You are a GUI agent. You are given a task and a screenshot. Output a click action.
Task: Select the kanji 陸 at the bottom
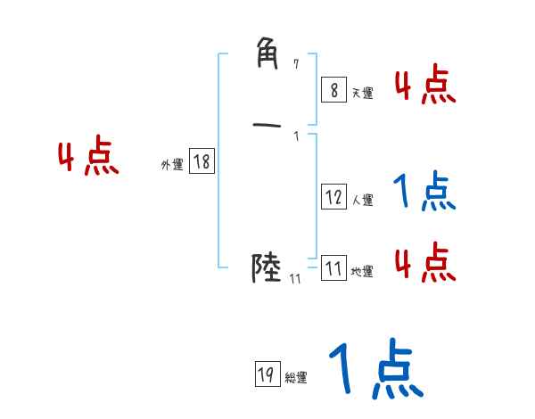267,267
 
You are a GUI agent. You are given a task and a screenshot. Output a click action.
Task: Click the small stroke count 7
297,63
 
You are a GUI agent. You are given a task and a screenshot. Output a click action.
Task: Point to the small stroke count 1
296,136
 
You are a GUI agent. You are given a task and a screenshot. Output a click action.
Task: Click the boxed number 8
333,90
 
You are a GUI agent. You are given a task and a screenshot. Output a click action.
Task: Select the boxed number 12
333,197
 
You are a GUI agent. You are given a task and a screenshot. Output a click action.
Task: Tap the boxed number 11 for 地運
333,268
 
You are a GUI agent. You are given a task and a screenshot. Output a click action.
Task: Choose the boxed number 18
201,161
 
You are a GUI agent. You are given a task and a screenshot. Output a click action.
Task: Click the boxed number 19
265,374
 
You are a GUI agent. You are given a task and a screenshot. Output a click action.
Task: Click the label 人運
362,201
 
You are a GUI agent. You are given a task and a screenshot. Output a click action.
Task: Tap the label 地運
362,272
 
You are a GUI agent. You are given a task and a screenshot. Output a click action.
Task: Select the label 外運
172,165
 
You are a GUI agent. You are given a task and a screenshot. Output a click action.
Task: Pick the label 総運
295,378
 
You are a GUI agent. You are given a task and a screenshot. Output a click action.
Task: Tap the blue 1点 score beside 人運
424,192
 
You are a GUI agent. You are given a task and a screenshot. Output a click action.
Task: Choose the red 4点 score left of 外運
88,158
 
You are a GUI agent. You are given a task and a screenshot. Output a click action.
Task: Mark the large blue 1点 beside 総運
374,370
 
